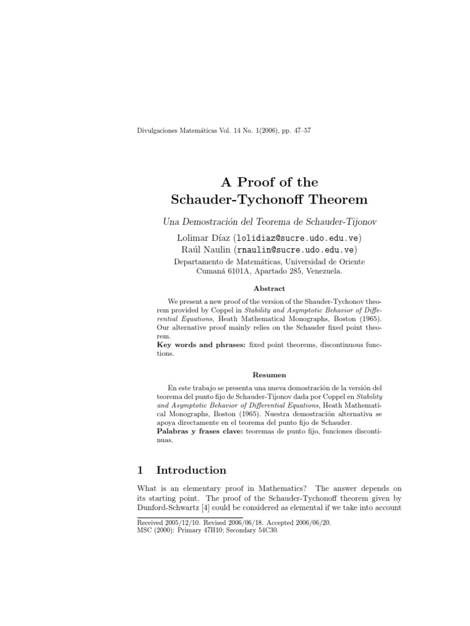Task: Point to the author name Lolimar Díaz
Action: pos(199,237)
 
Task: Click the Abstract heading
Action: pos(269,288)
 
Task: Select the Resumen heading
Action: pos(269,375)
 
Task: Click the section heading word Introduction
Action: pos(191,470)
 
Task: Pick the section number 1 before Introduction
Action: pos(140,470)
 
